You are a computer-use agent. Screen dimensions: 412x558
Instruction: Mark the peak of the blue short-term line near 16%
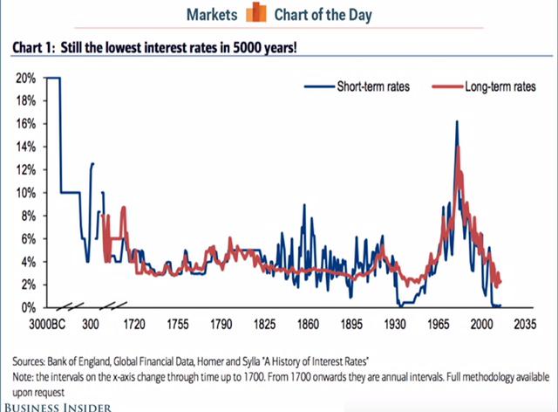[x=456, y=121]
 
